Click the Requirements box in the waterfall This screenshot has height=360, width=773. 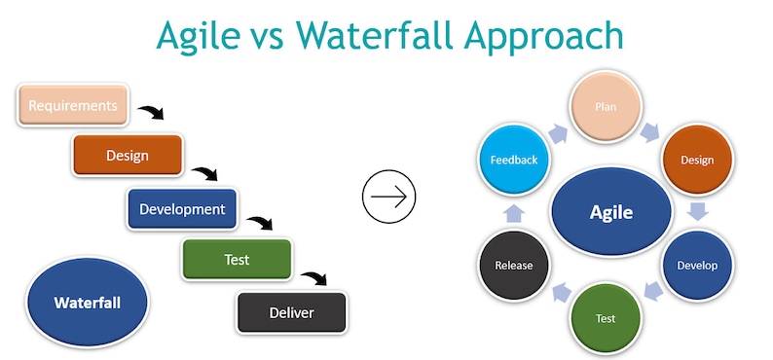click(x=73, y=105)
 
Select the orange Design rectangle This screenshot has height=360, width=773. click(x=128, y=154)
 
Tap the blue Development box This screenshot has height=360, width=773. click(x=182, y=208)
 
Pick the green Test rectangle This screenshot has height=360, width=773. click(x=237, y=260)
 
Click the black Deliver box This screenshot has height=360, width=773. click(x=291, y=312)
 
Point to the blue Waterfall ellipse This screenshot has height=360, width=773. click(x=88, y=303)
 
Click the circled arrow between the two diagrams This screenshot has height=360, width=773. click(x=388, y=197)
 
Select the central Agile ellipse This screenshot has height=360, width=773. click(x=610, y=213)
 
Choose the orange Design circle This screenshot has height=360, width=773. click(x=697, y=160)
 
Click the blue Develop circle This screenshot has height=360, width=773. click(x=697, y=265)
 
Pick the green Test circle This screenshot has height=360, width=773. click(x=605, y=318)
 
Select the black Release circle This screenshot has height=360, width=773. click(x=513, y=265)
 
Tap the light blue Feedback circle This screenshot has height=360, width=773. click(x=513, y=160)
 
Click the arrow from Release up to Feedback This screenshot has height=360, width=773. click(x=513, y=213)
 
